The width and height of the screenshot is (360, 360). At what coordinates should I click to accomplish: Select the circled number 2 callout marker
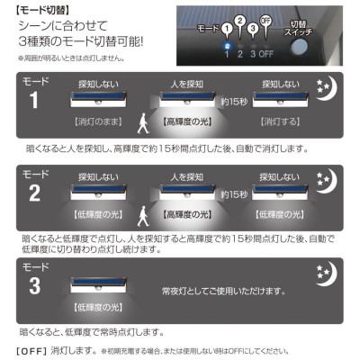239,19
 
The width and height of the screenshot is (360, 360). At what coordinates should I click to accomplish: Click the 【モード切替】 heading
35,8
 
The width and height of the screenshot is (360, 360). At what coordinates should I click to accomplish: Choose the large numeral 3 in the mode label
33,285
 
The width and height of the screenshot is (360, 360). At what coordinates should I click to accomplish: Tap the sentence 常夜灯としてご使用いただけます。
227,291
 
